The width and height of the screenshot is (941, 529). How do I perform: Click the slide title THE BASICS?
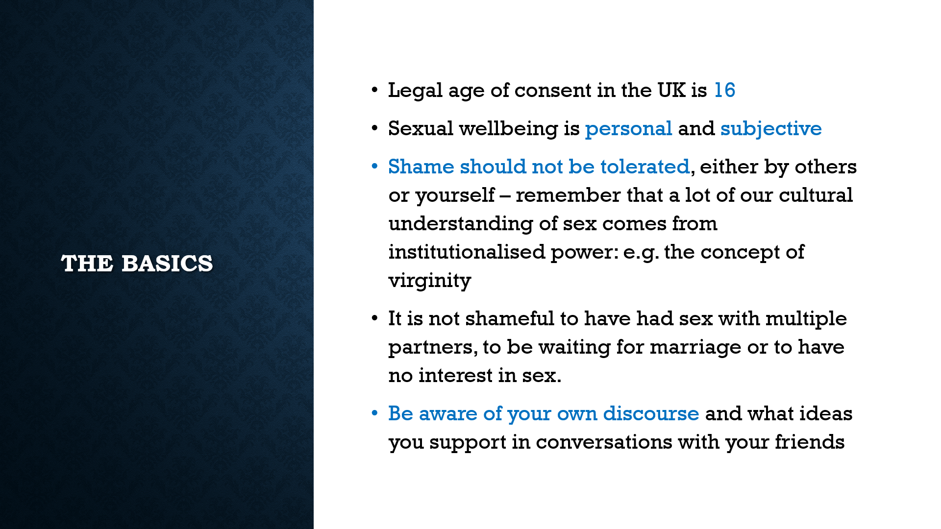[x=137, y=263]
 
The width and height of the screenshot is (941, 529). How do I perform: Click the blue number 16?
[x=724, y=90]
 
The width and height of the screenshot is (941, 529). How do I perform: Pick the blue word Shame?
[x=421, y=167]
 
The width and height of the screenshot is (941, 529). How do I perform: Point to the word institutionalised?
[x=467, y=252]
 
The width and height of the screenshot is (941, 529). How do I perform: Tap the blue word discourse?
[x=651, y=413]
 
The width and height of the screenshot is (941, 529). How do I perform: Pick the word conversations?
[x=604, y=442]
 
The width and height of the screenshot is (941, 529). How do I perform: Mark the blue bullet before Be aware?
[x=375, y=413]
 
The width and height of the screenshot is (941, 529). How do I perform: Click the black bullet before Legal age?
[x=375, y=90]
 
